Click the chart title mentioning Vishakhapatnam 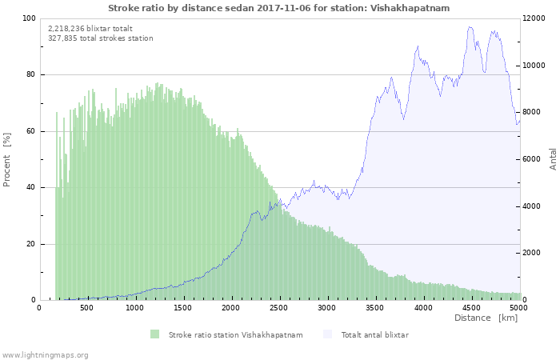pyautogui.click(x=278, y=8)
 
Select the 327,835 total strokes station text pyautogui.click(x=101, y=38)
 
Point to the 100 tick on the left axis pyautogui.click(x=29, y=18)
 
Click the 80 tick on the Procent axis pyautogui.click(x=31, y=75)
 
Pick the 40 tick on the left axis pyautogui.click(x=31, y=188)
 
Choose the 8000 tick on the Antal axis pyautogui.click(x=533, y=113)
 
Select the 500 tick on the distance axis pyautogui.click(x=86, y=307)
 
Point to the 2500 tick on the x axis pyautogui.click(x=278, y=307)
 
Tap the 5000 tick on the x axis pyautogui.click(x=518, y=307)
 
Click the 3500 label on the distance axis pyautogui.click(x=374, y=307)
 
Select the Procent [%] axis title pyautogui.click(x=7, y=160)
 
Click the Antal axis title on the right pyautogui.click(x=553, y=158)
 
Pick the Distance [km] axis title pyautogui.click(x=486, y=318)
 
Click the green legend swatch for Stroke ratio pyautogui.click(x=154, y=334)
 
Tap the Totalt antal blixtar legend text pyautogui.click(x=374, y=335)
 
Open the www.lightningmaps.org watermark pyautogui.click(x=45, y=354)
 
